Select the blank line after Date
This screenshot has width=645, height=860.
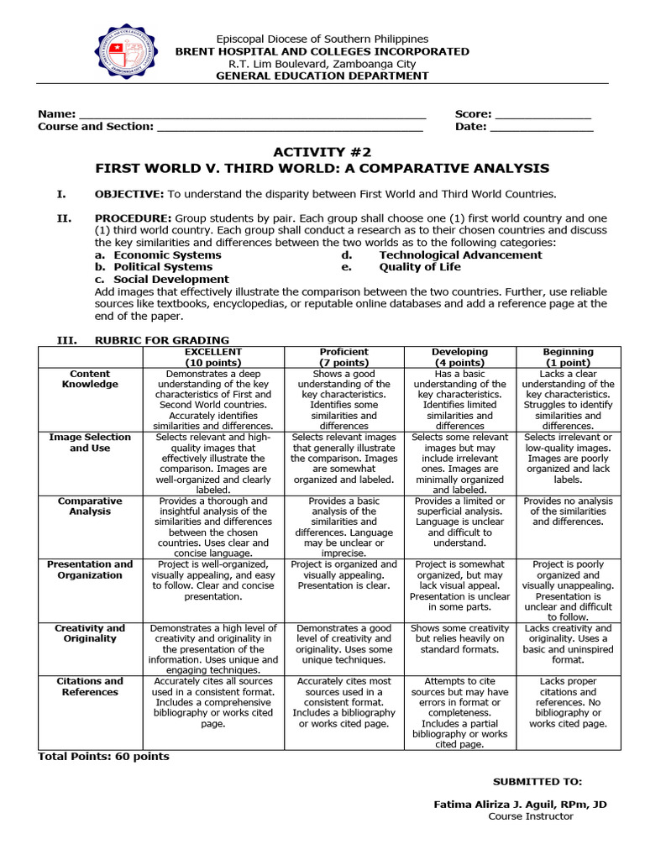[x=541, y=128]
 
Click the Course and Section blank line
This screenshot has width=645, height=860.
[x=290, y=128]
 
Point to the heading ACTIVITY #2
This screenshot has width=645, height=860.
[x=322, y=152]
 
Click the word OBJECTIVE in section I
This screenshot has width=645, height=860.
[x=128, y=194]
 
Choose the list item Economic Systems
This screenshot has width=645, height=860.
[x=167, y=255]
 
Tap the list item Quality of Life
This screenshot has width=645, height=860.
[x=420, y=267]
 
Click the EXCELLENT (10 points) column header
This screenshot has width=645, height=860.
[x=213, y=357]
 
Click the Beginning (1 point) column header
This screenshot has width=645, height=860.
[x=568, y=357]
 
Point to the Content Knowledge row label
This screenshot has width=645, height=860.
[x=90, y=379]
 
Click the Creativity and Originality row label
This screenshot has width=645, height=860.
[x=90, y=633]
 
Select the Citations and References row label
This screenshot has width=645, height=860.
[x=90, y=686]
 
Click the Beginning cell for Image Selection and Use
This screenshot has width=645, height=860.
[x=568, y=459]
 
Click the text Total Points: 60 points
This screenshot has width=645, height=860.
[x=103, y=757]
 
